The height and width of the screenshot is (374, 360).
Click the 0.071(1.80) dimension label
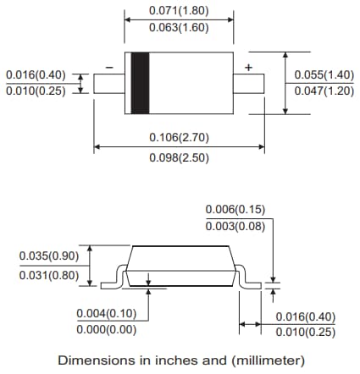(179, 13)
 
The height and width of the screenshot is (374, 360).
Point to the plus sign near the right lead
(248, 67)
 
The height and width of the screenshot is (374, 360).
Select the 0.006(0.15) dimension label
(236, 208)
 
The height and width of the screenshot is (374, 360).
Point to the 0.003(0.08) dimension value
(236, 224)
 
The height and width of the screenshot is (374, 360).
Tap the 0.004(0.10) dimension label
(106, 312)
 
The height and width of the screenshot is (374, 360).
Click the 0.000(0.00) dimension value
(106, 328)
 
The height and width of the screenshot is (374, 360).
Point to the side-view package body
(180, 265)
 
